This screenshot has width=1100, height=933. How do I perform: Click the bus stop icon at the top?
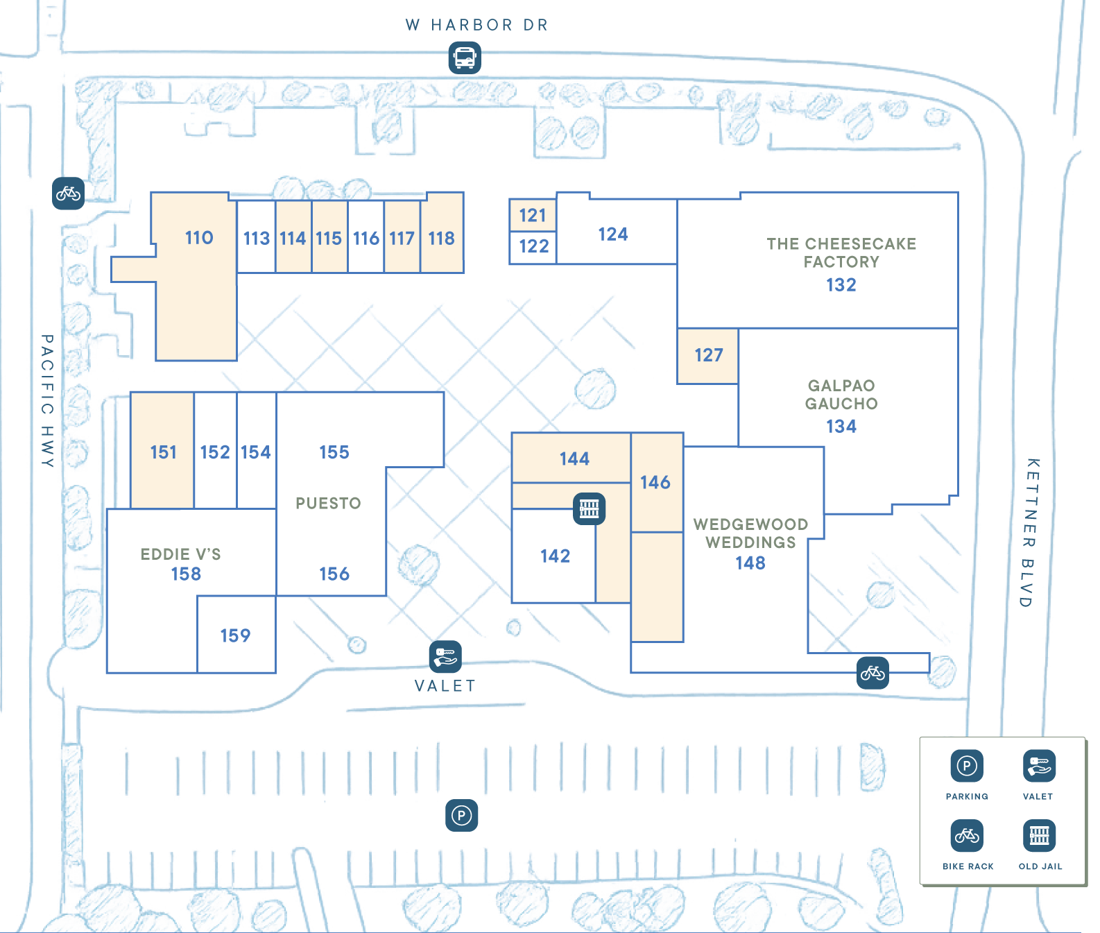(x=464, y=59)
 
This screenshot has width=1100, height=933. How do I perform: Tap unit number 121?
(x=533, y=216)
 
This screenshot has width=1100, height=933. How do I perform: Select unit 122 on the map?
(x=533, y=246)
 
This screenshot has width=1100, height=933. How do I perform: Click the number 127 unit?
(x=708, y=355)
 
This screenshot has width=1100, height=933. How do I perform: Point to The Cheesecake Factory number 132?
(x=841, y=285)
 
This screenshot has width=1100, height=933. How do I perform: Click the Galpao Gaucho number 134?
(x=841, y=427)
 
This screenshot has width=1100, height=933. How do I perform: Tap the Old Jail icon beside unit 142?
(x=589, y=508)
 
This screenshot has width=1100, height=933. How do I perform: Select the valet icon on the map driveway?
(x=445, y=656)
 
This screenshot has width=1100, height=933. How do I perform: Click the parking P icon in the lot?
(x=461, y=816)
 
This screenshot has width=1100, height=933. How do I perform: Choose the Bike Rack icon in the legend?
(x=967, y=836)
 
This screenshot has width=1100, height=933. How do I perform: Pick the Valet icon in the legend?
(x=1038, y=767)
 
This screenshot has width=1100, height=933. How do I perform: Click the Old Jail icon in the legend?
(x=1039, y=836)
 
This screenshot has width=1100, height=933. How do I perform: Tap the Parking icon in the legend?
(x=967, y=767)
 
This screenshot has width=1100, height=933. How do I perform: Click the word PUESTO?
(x=328, y=504)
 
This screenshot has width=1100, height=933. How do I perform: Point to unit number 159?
(x=235, y=635)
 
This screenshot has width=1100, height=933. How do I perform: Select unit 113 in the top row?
(x=256, y=239)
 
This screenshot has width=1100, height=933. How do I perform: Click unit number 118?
(x=441, y=239)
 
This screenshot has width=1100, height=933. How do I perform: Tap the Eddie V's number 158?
(x=186, y=574)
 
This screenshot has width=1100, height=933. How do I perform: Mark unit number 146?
(x=655, y=483)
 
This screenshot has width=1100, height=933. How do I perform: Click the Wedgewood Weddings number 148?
(x=750, y=563)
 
